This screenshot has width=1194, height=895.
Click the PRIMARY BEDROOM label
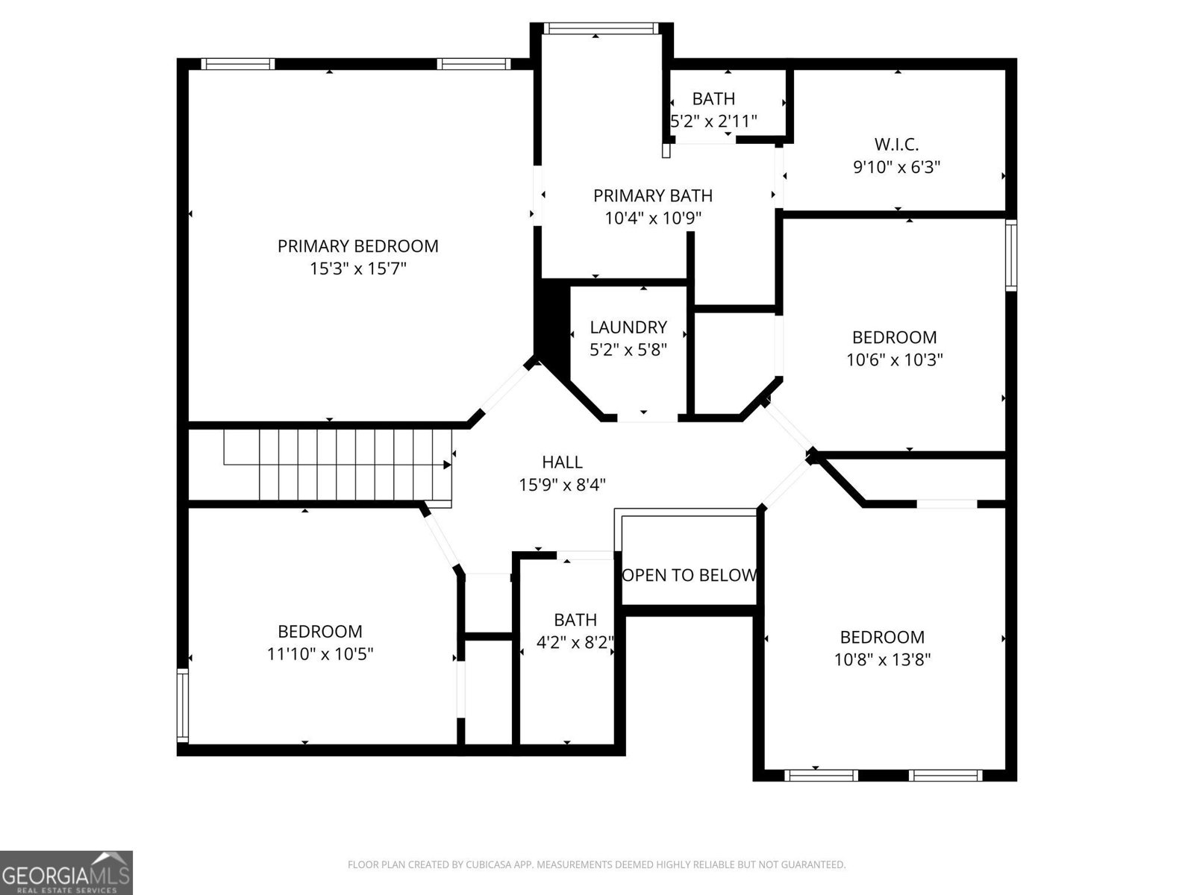pyautogui.click(x=357, y=246)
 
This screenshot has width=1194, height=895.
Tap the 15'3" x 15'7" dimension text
pyautogui.click(x=357, y=268)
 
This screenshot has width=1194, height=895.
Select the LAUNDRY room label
pyautogui.click(x=628, y=327)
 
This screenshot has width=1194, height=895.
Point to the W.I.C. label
pyautogui.click(x=896, y=144)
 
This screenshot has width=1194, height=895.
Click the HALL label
pyautogui.click(x=562, y=462)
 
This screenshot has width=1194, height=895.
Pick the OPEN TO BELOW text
pyautogui.click(x=690, y=575)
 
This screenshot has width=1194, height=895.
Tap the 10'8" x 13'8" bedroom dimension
pyautogui.click(x=882, y=659)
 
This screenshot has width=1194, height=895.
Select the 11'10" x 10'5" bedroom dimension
pyautogui.click(x=320, y=654)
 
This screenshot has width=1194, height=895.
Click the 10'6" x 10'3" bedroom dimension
pyautogui.click(x=894, y=359)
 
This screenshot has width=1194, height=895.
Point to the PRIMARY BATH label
pyautogui.click(x=653, y=195)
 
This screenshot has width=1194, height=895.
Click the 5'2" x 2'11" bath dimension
pyautogui.click(x=713, y=120)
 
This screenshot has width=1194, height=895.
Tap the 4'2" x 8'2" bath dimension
pyautogui.click(x=575, y=642)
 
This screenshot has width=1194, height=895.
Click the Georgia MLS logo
pyautogui.click(x=66, y=872)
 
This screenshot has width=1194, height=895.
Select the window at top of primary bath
pyautogui.click(x=601, y=29)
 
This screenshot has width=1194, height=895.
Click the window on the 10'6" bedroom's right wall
pyautogui.click(x=1010, y=255)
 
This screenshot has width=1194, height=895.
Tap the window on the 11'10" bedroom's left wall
pyautogui.click(x=182, y=705)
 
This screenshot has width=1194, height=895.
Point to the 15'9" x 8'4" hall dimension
pyautogui.click(x=562, y=485)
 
